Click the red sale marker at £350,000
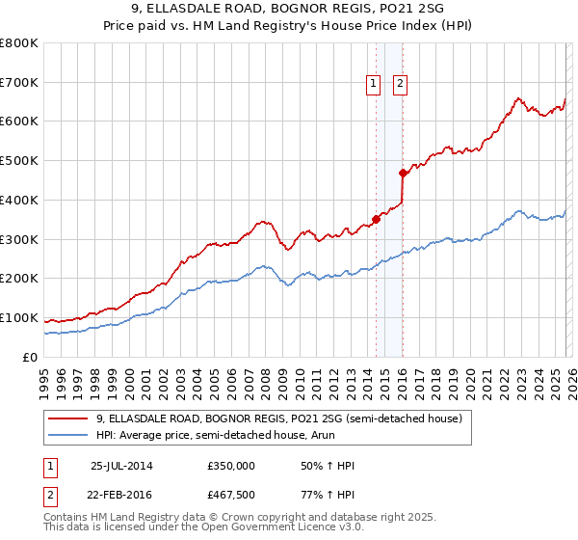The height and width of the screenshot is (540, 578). (x=376, y=219)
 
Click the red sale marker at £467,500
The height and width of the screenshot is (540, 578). (x=403, y=173)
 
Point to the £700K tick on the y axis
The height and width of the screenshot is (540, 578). (x=19, y=82)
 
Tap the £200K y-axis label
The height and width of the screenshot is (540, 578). (x=19, y=278)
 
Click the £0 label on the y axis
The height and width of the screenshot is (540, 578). (x=30, y=357)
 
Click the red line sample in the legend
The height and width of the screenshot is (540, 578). (x=68, y=418)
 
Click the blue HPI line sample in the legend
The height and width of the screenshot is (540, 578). (x=68, y=435)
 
